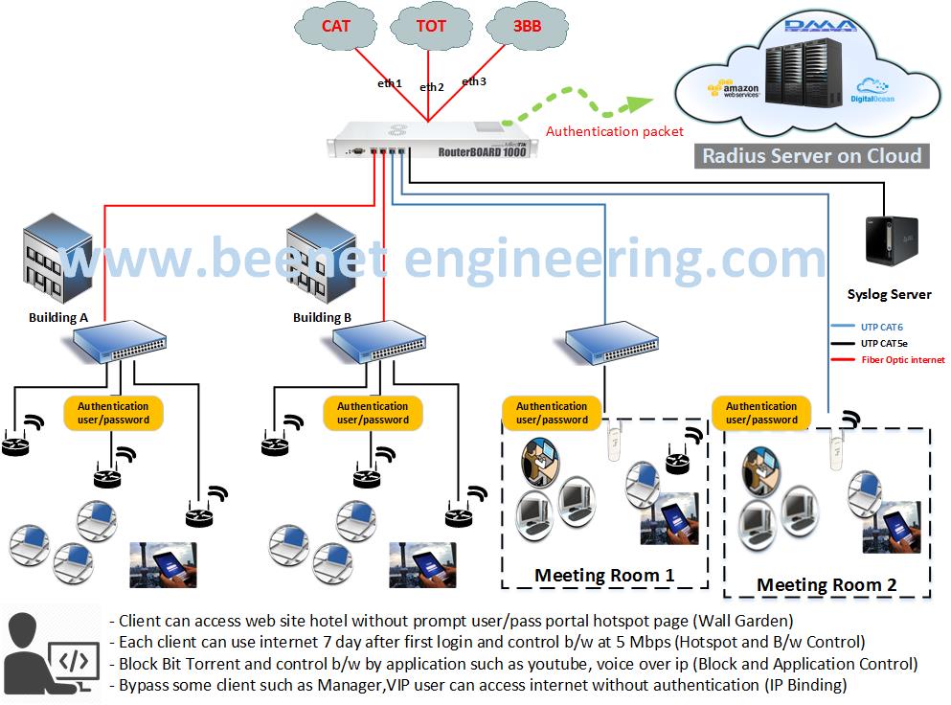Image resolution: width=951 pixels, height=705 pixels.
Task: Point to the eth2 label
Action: click(432, 87)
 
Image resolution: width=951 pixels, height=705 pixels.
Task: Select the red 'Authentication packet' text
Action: click(614, 131)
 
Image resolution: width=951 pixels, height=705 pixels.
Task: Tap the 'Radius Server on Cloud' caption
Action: click(811, 156)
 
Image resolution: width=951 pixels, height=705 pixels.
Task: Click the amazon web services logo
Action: click(734, 91)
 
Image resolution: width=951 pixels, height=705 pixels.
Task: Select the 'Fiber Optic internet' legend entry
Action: click(901, 359)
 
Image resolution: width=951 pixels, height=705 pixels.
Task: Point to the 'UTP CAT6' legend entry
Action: click(881, 328)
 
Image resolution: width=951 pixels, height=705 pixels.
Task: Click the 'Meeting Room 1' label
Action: click(603, 575)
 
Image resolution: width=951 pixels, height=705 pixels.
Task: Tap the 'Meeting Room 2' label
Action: click(826, 584)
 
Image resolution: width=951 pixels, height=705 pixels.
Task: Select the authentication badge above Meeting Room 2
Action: click(761, 413)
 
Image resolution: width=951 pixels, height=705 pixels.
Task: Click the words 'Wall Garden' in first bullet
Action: click(747, 620)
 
